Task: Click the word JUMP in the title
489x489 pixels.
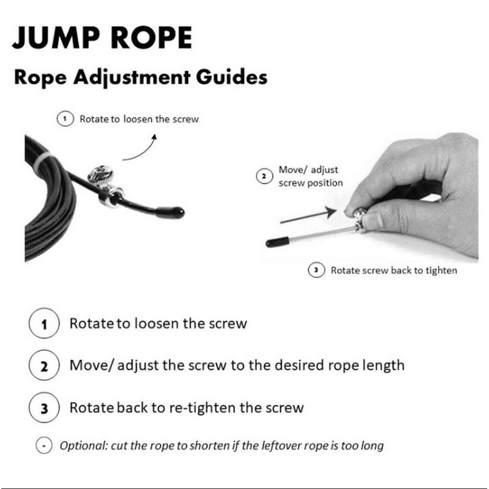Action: (x=56, y=38)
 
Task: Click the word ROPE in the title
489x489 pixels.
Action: (x=151, y=38)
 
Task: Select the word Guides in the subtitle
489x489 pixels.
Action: (x=232, y=77)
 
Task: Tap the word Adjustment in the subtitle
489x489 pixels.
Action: (x=132, y=78)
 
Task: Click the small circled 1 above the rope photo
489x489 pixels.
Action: (x=65, y=119)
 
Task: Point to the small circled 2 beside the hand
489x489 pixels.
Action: (x=264, y=176)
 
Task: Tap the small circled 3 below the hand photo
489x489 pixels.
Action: (x=317, y=270)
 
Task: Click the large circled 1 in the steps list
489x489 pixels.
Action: (x=44, y=323)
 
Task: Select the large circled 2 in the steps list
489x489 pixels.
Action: (x=44, y=365)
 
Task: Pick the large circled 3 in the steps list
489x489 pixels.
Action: (x=44, y=407)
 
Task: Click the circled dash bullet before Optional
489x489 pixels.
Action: (x=44, y=445)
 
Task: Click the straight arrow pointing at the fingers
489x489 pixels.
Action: (x=308, y=215)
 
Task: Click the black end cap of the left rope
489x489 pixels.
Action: (x=170, y=213)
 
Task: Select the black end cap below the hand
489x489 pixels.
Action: (x=277, y=242)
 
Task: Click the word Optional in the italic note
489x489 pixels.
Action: (x=84, y=446)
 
